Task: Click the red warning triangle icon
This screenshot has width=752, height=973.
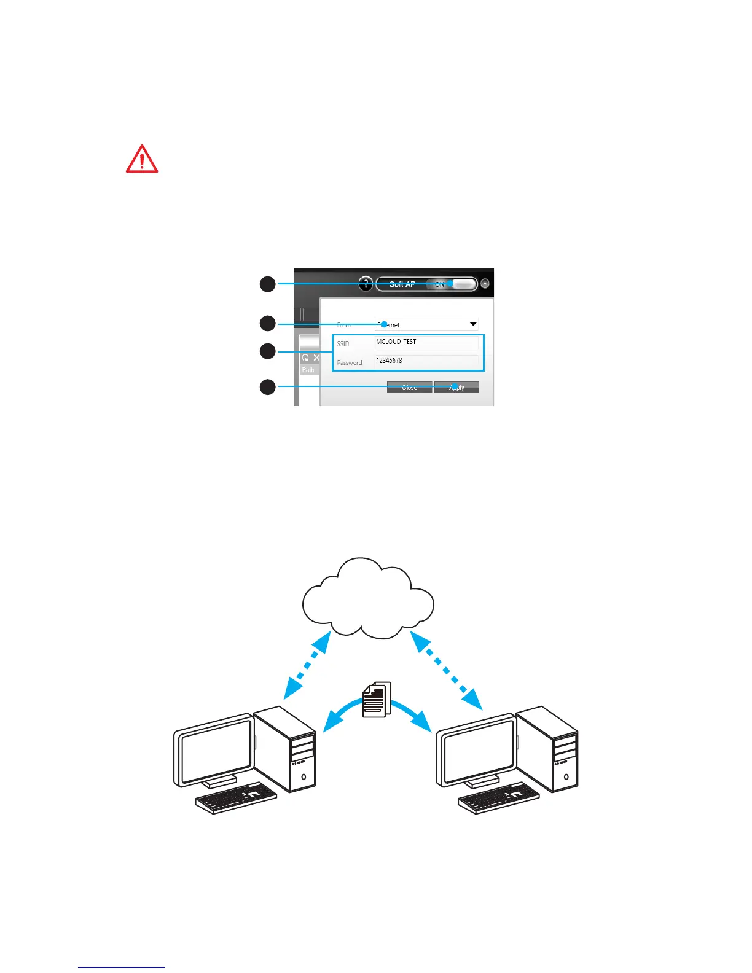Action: (x=142, y=159)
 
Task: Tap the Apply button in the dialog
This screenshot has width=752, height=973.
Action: (x=456, y=387)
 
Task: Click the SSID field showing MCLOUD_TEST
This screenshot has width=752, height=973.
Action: (x=426, y=342)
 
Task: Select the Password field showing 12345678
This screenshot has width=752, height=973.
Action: (x=426, y=361)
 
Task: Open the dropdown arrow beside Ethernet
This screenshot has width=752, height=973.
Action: (x=473, y=324)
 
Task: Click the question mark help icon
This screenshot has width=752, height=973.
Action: (x=366, y=284)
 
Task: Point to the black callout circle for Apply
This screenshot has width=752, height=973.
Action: (x=267, y=387)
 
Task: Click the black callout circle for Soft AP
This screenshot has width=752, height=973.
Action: (x=267, y=284)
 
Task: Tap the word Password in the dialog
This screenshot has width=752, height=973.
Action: (x=349, y=362)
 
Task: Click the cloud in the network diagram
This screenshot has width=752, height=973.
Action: (x=368, y=599)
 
